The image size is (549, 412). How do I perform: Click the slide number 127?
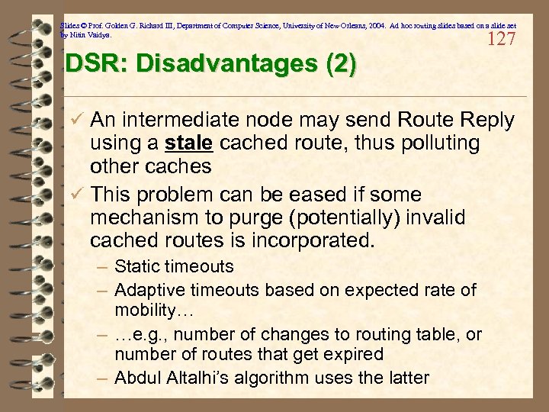tap(500, 39)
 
